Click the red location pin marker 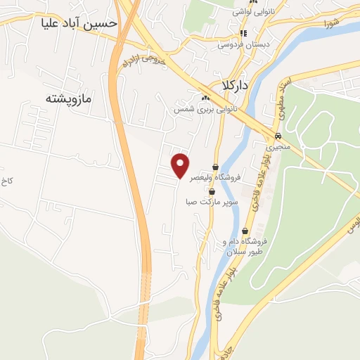coord(181,164)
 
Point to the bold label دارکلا coord(236,84)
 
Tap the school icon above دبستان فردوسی coord(244,33)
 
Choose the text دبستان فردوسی coord(244,44)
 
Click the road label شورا coord(333,23)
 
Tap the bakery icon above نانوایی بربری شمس coord(205,98)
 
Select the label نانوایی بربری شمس coord(206,109)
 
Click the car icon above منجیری coord(278,137)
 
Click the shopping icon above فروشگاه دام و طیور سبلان coord(245,231)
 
